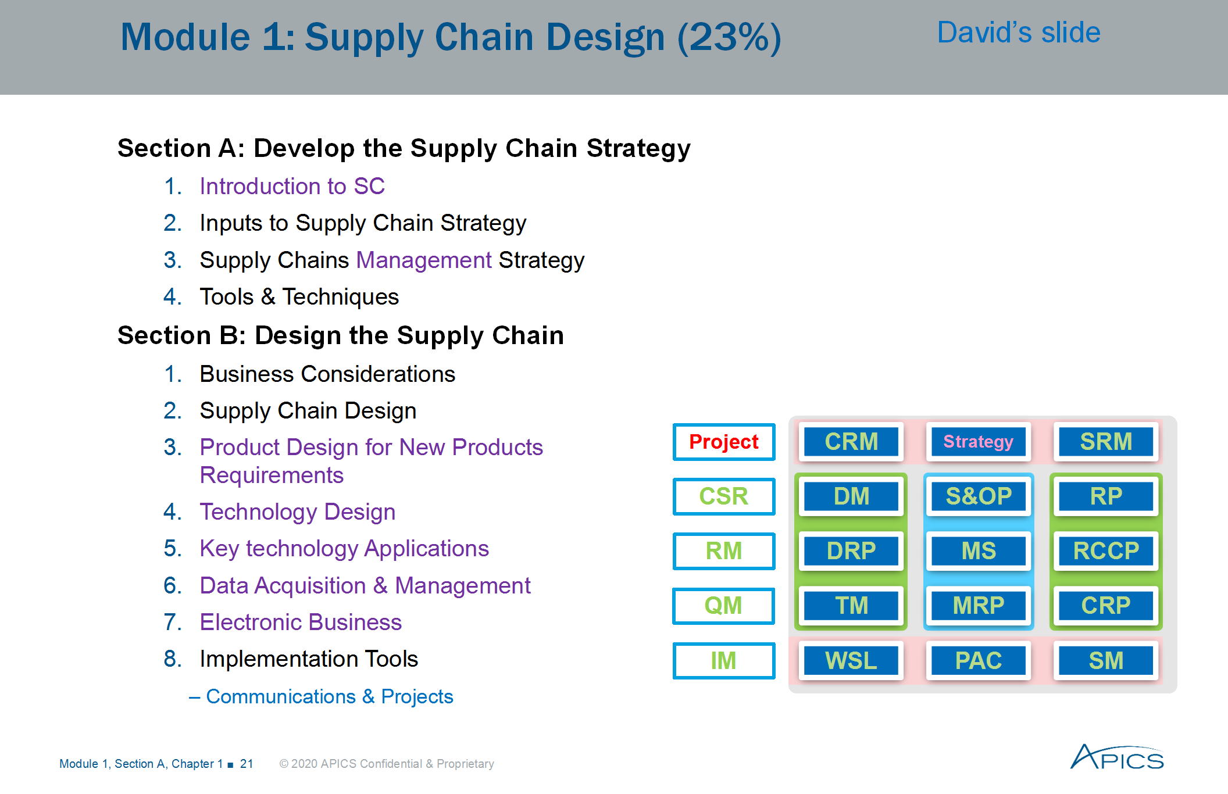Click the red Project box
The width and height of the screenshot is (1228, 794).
click(x=724, y=442)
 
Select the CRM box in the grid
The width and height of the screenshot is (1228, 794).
click(x=851, y=442)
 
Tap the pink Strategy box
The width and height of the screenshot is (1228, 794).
click(x=979, y=442)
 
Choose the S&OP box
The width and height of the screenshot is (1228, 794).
click(x=979, y=496)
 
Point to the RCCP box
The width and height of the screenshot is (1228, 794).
click(x=1106, y=551)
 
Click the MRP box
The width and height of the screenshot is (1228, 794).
click(x=979, y=606)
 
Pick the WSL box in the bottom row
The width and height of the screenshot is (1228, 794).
click(x=851, y=661)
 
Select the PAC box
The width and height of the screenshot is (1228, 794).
click(x=979, y=661)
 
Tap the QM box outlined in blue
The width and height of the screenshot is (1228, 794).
click(x=724, y=606)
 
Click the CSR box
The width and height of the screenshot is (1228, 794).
click(x=724, y=496)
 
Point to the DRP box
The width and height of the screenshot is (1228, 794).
click(x=851, y=551)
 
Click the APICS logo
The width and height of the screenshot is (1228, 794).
click(x=1117, y=757)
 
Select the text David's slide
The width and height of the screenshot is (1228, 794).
click(x=1019, y=33)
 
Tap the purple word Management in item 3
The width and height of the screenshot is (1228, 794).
click(x=424, y=260)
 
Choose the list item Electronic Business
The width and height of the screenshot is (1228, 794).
click(x=301, y=623)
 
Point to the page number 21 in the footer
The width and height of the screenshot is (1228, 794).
click(x=247, y=764)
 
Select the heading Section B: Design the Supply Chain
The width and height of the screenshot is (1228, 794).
click(x=341, y=336)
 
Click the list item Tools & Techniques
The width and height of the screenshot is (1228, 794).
click(x=299, y=297)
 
